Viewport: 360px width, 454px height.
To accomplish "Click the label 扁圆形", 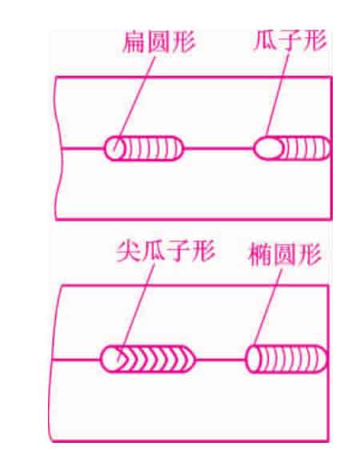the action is coord(159,42).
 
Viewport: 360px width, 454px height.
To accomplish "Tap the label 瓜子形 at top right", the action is coord(290,40).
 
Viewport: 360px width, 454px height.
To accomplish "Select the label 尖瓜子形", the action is coord(166,251).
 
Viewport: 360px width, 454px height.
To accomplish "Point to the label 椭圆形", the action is coord(285,255).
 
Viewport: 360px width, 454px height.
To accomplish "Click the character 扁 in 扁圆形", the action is coord(134,42).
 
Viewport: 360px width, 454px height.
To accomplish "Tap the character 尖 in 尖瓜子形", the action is coord(128,251).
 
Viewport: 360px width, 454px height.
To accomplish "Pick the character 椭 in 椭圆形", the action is coord(260,255).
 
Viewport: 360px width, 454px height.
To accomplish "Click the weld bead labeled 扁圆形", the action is coord(144,148).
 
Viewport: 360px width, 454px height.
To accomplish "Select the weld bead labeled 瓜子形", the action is coord(292,148).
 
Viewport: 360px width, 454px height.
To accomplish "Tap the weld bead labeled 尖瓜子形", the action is coord(147,359).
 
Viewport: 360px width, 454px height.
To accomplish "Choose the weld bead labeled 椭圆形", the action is coord(286,359).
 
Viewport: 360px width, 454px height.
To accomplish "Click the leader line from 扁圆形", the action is coord(134,104).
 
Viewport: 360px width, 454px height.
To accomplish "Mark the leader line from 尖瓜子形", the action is coord(135,313).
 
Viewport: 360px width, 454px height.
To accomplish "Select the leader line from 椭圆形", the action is coord(268,307).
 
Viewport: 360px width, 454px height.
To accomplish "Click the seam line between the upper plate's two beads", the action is coord(218,148).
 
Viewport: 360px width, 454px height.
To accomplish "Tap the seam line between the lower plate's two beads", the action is coord(220,360).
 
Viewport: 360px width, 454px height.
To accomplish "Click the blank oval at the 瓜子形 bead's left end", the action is coord(268,148).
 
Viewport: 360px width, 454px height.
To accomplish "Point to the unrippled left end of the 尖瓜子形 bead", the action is coord(110,359).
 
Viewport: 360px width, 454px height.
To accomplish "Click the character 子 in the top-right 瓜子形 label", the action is coord(290,41).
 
